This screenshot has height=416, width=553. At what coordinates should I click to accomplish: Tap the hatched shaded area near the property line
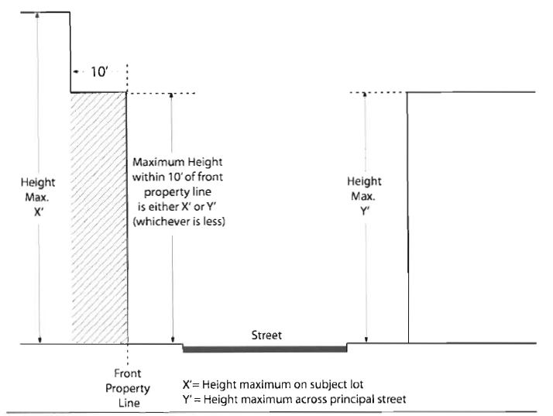(x=98, y=217)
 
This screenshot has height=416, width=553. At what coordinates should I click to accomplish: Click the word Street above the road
(x=266, y=335)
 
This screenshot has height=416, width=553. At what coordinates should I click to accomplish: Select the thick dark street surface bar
(x=264, y=349)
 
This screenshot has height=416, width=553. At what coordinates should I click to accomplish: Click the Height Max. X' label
(x=38, y=197)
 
